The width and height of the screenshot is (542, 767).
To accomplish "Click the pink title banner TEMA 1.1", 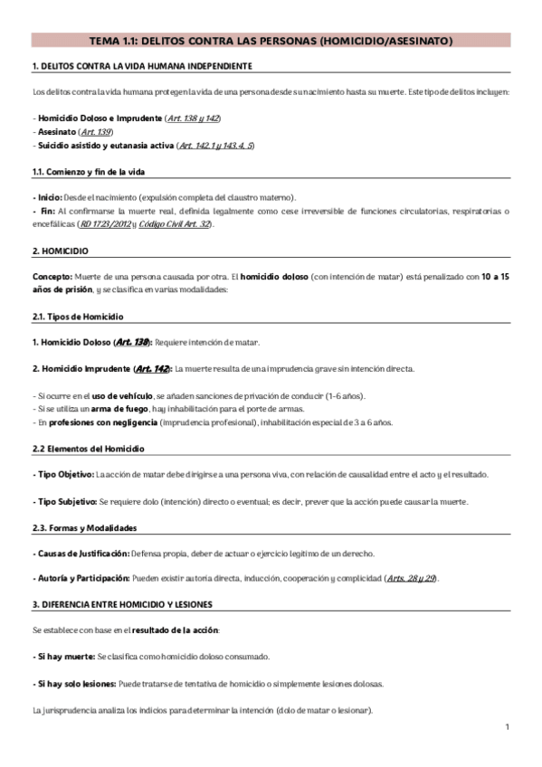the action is coord(271,41).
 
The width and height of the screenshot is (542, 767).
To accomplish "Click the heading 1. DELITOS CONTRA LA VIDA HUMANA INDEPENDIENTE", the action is coord(141,67).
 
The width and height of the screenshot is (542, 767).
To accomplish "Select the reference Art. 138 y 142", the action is coord(194,118).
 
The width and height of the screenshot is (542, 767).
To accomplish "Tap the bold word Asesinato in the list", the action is coord(56,132).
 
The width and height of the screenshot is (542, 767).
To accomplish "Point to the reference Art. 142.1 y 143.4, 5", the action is coord(216,145).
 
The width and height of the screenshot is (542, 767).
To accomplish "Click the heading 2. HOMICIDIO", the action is coord(60,251).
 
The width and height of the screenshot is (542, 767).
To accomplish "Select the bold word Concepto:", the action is coord(52,277).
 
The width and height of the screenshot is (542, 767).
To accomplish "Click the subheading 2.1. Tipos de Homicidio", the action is coord(78,317).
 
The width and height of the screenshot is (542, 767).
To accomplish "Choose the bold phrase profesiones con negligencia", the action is coord(101,421).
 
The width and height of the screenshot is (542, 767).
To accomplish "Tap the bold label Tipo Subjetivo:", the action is coord(65,501).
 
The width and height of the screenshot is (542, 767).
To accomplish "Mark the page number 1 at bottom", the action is coord(508,727).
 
